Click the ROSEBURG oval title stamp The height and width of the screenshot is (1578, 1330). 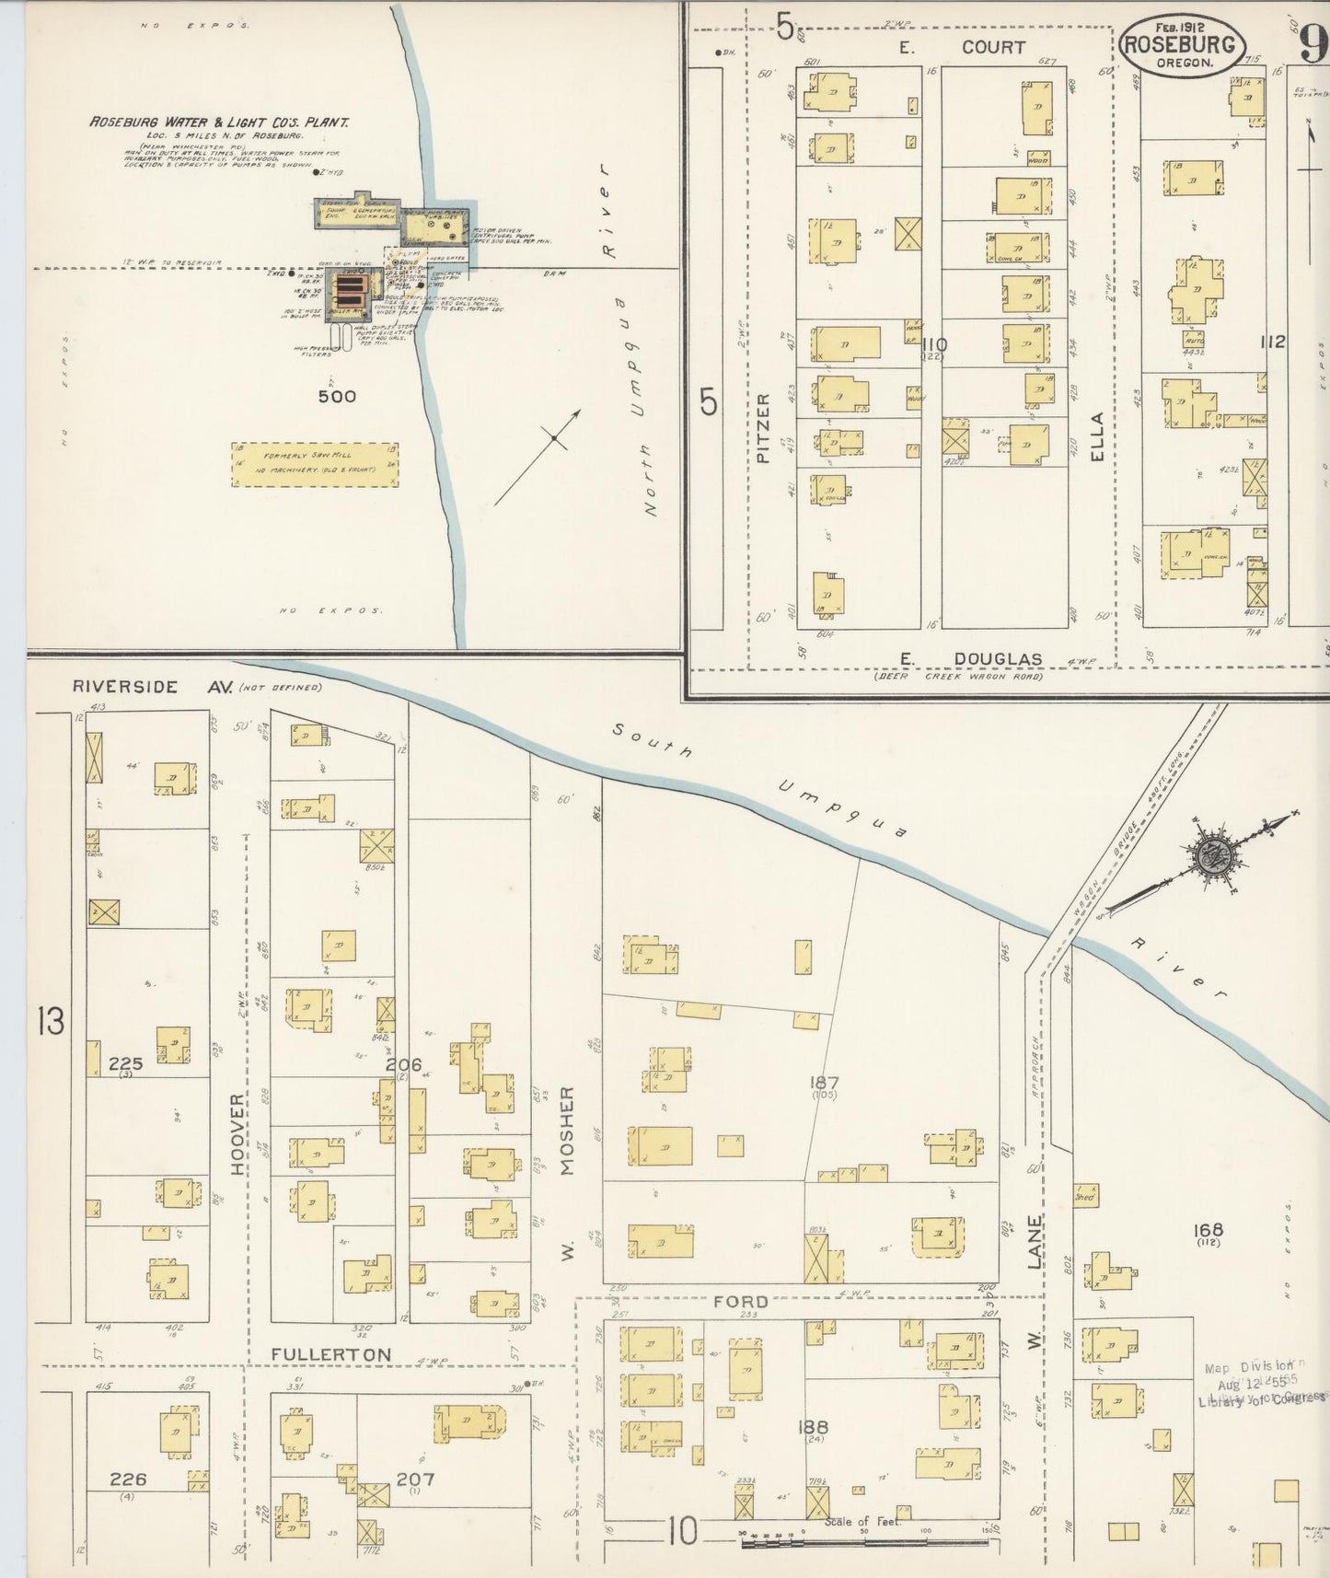point(1183,45)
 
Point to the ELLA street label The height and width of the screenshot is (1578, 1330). point(1095,435)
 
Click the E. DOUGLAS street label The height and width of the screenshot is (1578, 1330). point(971,658)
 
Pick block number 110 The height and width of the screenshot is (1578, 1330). point(933,344)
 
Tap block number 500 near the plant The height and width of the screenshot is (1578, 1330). point(336,396)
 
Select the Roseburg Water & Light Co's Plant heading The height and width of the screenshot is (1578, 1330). point(218,122)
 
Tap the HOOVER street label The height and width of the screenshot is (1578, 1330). point(238,1133)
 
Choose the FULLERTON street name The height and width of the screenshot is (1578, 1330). point(331,1354)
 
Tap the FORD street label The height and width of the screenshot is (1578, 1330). point(740,1301)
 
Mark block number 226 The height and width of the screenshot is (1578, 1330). point(128,1479)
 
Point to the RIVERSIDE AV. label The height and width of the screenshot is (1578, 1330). point(152,687)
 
